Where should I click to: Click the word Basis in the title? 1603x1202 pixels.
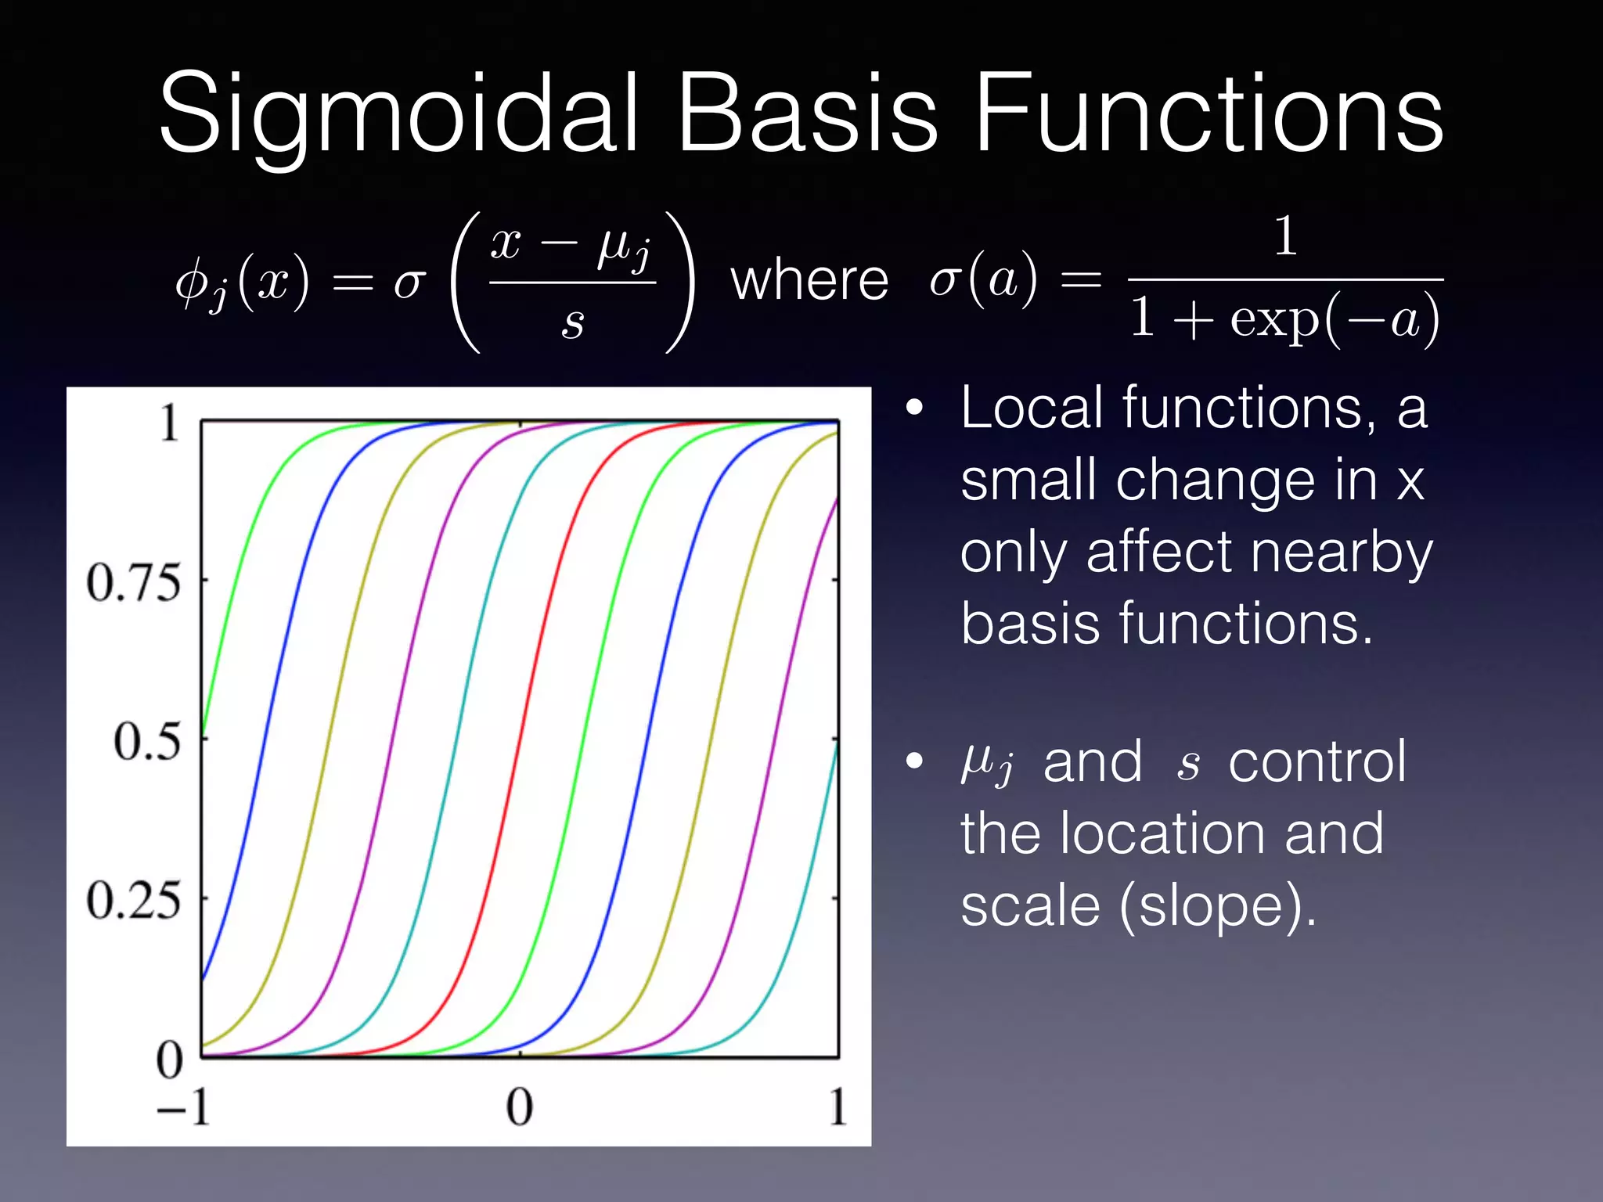pyautogui.click(x=805, y=113)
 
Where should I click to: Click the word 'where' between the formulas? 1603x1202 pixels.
pyautogui.click(x=809, y=281)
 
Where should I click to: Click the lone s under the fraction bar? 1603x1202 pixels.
pyautogui.click(x=572, y=322)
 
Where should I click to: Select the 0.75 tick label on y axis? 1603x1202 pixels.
pyautogui.click(x=133, y=583)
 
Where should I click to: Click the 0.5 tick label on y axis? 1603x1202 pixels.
pyautogui.click(x=146, y=741)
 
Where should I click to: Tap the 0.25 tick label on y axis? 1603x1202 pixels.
pyautogui.click(x=133, y=900)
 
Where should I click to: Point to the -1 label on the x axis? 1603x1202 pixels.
pyautogui.click(x=185, y=1107)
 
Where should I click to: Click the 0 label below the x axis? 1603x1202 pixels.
pyautogui.click(x=519, y=1107)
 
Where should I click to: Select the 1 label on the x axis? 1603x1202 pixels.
pyautogui.click(x=838, y=1107)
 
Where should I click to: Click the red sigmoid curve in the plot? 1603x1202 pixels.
pyautogui.click(x=521, y=740)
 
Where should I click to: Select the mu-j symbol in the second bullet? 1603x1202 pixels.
pyautogui.click(x=987, y=762)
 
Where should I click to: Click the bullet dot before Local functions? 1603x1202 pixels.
pyautogui.click(x=913, y=408)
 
